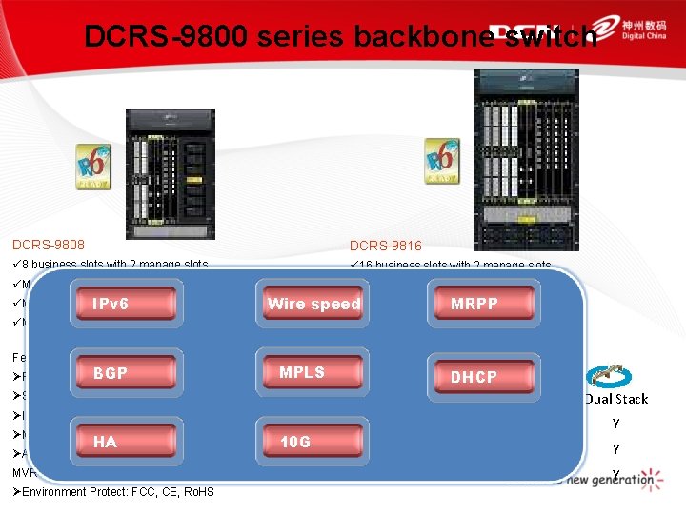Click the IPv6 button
tap(128, 304)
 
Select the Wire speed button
tap(313, 304)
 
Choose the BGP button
tap(128, 373)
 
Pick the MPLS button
tap(313, 372)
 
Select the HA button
tap(128, 442)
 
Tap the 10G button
tap(313, 442)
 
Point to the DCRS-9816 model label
tap(386, 246)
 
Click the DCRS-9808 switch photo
tap(165, 166)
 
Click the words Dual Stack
tap(616, 399)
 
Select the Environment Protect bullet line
tap(113, 491)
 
